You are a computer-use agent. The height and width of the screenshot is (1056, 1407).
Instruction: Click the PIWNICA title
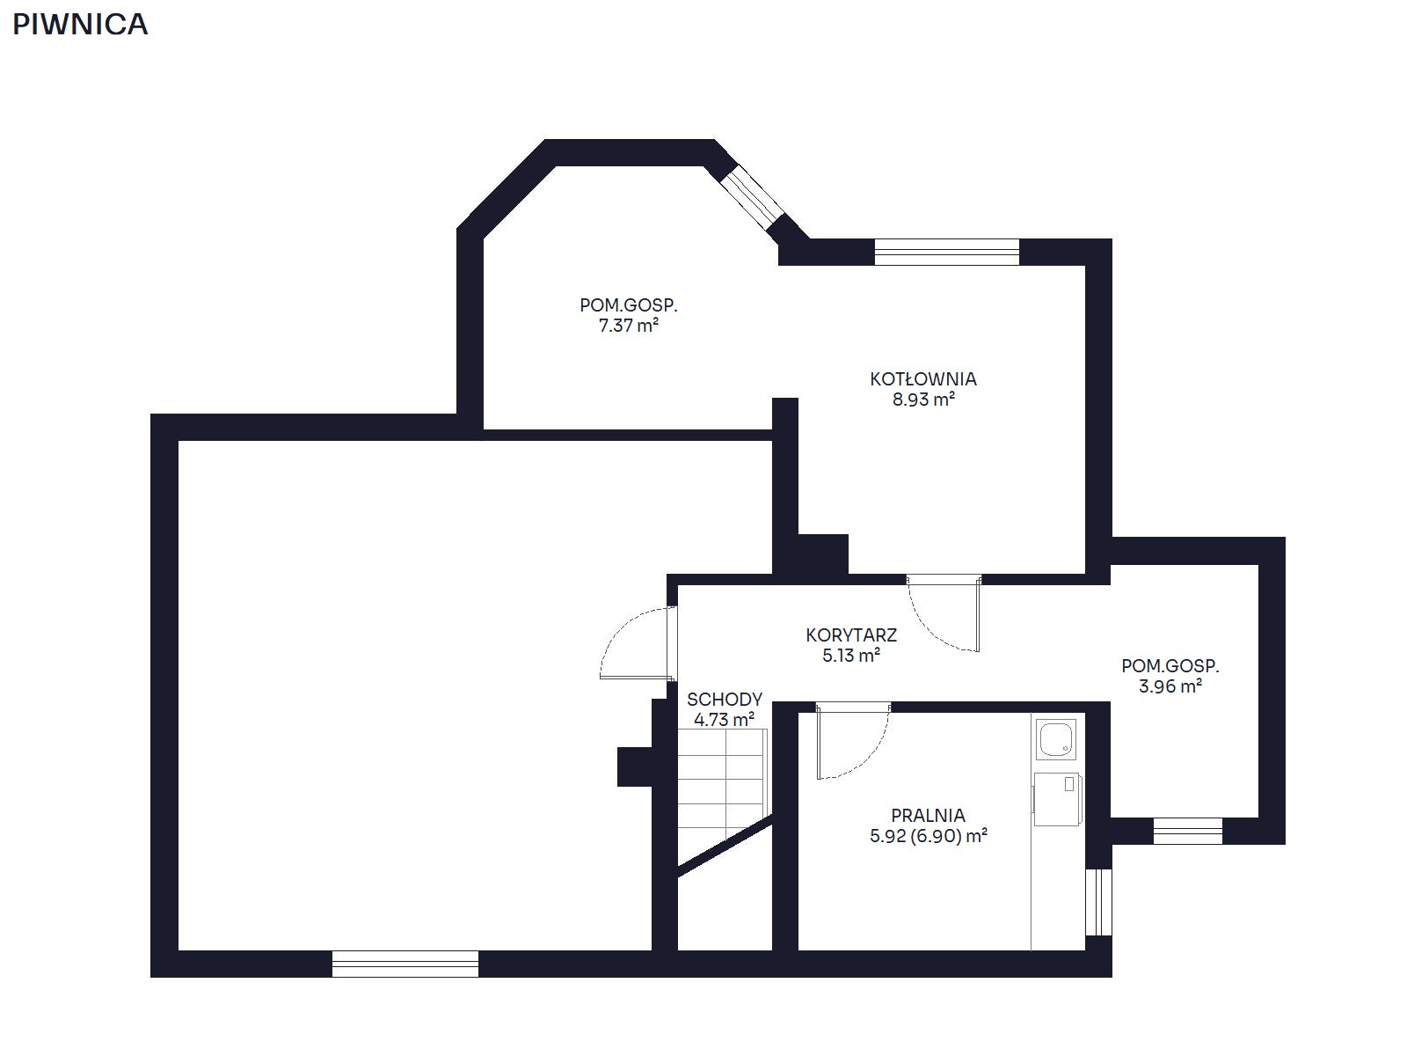click(x=80, y=25)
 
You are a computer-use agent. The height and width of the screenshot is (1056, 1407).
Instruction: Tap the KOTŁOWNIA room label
click(x=923, y=379)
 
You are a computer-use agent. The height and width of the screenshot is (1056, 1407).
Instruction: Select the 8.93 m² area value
click(x=923, y=400)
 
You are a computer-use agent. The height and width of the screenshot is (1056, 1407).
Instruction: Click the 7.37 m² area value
click(x=628, y=326)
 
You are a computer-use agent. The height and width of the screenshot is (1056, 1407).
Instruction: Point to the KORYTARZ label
click(x=850, y=634)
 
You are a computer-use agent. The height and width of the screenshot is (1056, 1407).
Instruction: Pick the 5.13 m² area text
click(x=850, y=656)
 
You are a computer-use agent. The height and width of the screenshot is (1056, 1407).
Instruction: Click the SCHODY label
click(x=725, y=699)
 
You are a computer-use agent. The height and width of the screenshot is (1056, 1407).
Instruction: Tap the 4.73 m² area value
click(x=725, y=719)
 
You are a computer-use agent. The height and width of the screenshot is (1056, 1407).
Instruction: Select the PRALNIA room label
click(x=928, y=816)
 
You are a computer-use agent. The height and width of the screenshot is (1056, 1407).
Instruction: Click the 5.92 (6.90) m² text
click(x=928, y=836)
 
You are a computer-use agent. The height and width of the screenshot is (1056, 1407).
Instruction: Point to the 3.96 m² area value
click(x=1170, y=686)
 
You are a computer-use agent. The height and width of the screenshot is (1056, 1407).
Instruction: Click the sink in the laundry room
click(x=1056, y=740)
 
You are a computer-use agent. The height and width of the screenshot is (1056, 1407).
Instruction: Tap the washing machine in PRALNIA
click(x=1057, y=799)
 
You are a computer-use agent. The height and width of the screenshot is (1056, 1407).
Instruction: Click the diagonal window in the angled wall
click(x=752, y=197)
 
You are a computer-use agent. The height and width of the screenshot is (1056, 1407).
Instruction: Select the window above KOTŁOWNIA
click(x=946, y=252)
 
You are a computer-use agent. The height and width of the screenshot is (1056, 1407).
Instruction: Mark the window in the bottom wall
click(x=405, y=964)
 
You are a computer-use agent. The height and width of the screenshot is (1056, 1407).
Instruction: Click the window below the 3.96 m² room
click(x=1188, y=831)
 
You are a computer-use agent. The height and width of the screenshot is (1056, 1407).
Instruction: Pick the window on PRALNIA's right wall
click(x=1098, y=902)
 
